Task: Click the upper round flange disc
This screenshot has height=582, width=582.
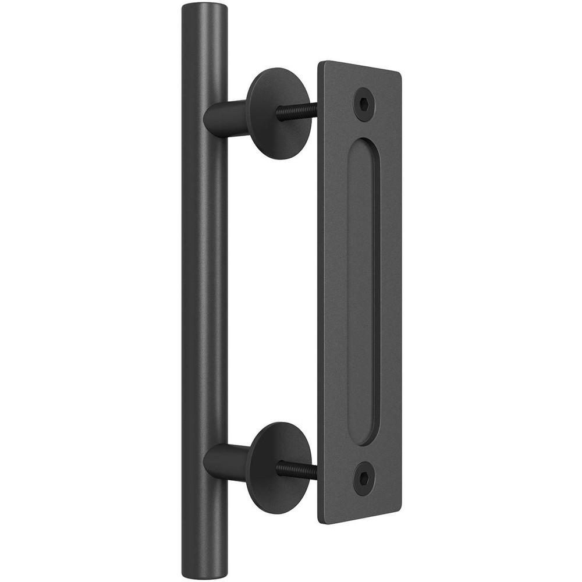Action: point(274,113)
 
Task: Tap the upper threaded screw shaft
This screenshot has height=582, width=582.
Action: point(297,111)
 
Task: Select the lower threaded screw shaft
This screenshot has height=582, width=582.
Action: point(297,469)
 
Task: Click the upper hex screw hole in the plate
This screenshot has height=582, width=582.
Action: point(364,104)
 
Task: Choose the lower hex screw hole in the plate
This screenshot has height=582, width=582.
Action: point(364,477)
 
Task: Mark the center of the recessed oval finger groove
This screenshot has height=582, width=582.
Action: point(363,291)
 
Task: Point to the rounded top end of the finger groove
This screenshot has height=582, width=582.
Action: point(365,145)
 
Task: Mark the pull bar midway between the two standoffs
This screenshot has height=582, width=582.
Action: point(205,291)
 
